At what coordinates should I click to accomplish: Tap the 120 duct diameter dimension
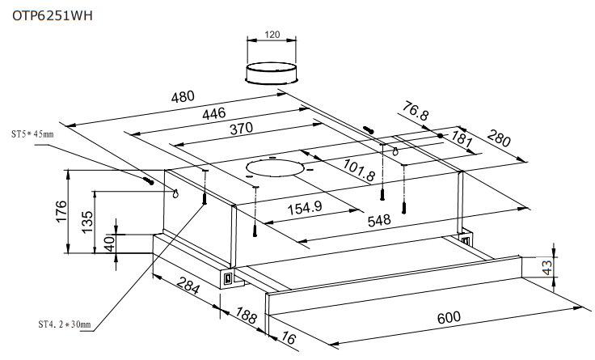pyautogui.click(x=272, y=36)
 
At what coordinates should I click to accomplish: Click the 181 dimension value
pyautogui.click(x=461, y=138)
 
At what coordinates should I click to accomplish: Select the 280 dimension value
pyautogui.click(x=499, y=140)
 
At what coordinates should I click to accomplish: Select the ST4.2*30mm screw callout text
pyautogui.click(x=64, y=325)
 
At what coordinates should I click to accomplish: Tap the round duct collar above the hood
pyautogui.click(x=272, y=72)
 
